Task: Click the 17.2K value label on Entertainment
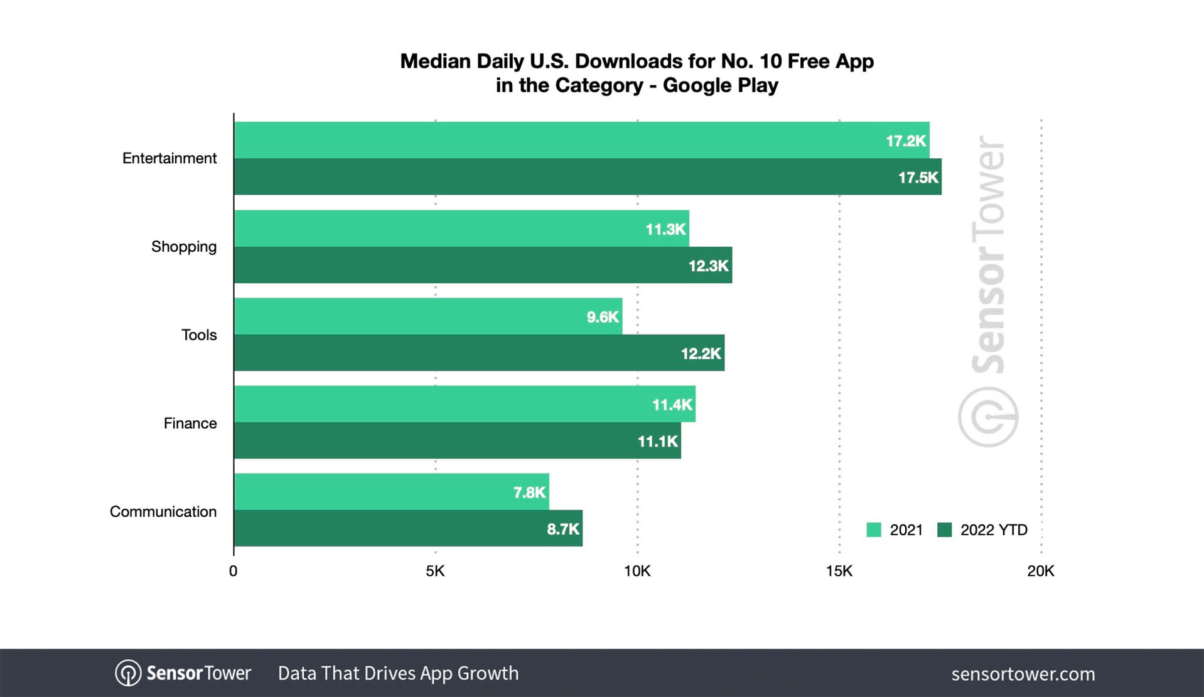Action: point(905,141)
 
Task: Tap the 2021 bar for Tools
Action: point(427,316)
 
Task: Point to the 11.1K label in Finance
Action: point(657,441)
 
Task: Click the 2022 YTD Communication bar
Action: point(408,528)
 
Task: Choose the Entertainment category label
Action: point(169,158)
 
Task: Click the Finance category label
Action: point(190,423)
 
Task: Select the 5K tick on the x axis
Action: point(435,571)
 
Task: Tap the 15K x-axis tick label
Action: point(839,571)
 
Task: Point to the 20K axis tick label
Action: point(1040,571)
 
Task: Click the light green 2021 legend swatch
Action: point(873,530)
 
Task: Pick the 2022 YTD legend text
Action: point(994,530)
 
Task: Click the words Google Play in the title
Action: point(720,85)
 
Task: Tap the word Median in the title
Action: point(435,61)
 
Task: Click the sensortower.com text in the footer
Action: point(1023,674)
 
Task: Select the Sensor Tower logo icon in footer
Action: point(128,673)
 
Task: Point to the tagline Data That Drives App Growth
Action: point(398,673)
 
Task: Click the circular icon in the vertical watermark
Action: point(987,417)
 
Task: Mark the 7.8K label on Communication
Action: point(529,492)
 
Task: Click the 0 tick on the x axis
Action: point(234,571)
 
